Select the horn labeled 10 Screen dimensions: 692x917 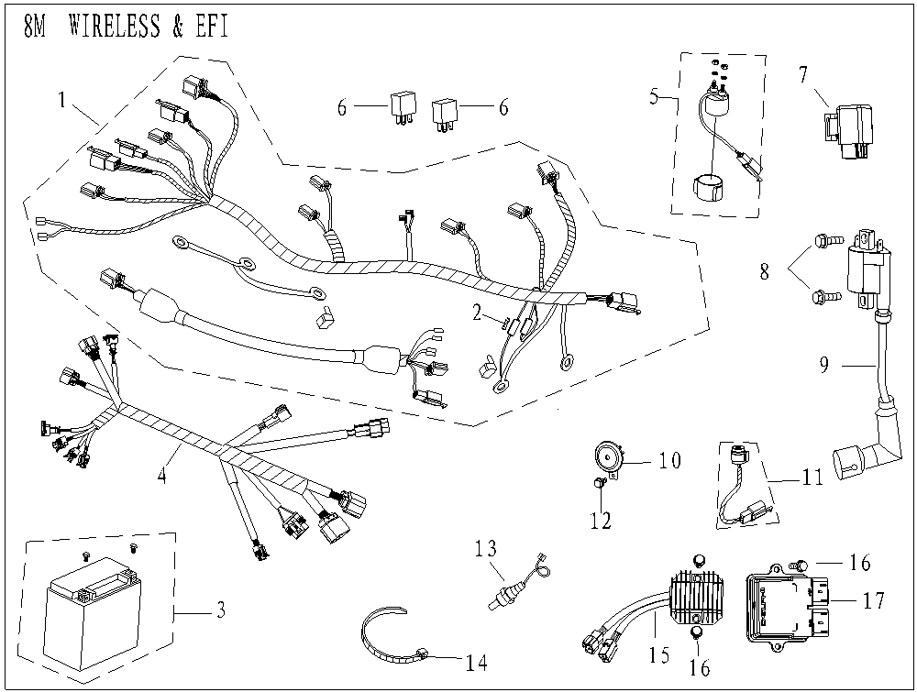(607, 456)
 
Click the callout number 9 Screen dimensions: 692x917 (824, 364)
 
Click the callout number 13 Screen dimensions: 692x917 (486, 549)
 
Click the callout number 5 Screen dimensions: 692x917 (655, 96)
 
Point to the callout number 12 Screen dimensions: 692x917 (600, 522)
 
